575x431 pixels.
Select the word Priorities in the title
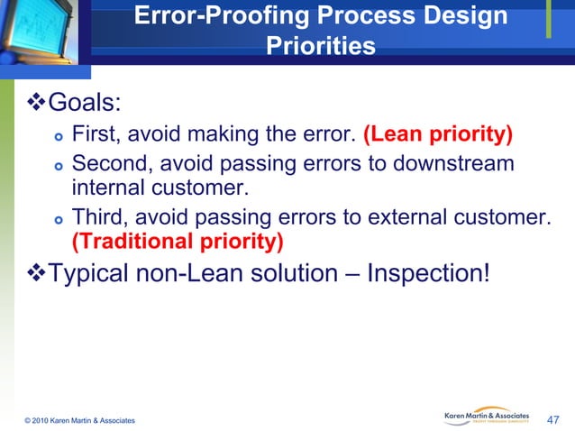[x=320, y=46]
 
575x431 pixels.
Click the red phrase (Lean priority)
[x=437, y=135]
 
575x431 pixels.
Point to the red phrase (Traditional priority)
[x=177, y=242]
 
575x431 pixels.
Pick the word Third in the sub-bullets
[x=98, y=216]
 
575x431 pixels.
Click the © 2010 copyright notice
[x=81, y=421]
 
